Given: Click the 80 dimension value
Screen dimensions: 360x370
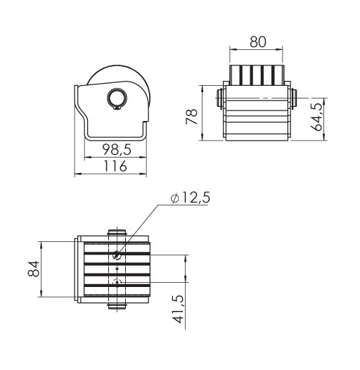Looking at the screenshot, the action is click(258, 42).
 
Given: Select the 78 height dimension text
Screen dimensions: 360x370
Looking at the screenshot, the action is click(191, 116).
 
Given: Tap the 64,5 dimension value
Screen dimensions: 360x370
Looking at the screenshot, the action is click(316, 117).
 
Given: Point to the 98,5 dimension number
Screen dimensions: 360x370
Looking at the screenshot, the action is click(117, 149).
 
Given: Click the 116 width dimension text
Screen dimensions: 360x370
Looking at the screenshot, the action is click(115, 166).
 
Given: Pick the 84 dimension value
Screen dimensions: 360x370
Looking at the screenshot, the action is click(34, 269).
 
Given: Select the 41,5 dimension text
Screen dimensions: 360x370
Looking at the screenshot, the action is click(178, 309).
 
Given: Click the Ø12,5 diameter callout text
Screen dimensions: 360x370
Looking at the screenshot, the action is click(190, 198).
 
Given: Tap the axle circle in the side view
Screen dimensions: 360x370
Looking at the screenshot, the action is click(117, 98).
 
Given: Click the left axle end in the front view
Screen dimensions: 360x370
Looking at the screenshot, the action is click(219, 98).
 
